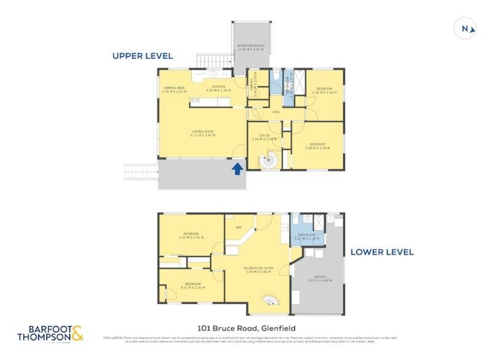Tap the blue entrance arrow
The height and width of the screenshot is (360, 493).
237,168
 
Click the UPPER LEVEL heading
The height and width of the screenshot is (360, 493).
142,56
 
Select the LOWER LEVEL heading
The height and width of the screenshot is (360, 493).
382,252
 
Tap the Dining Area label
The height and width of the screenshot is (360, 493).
174,89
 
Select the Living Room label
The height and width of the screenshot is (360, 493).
203,133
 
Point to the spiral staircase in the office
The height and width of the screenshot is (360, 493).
269,161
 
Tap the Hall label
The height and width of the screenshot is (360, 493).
277,112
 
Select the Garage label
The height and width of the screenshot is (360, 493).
319,278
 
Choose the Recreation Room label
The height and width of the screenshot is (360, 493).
258,269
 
